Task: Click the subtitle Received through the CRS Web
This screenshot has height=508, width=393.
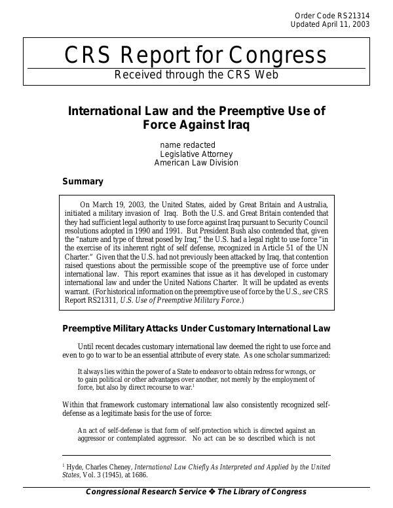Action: pyautogui.click(x=196, y=75)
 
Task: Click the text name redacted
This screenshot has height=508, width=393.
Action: pyautogui.click(x=188, y=144)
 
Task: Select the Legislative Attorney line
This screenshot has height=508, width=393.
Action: pyautogui.click(x=196, y=154)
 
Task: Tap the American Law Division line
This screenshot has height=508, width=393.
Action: pyautogui.click(x=196, y=163)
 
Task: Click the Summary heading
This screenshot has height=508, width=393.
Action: pyautogui.click(x=82, y=181)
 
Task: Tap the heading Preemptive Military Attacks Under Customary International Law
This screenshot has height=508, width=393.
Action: pyautogui.click(x=196, y=328)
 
